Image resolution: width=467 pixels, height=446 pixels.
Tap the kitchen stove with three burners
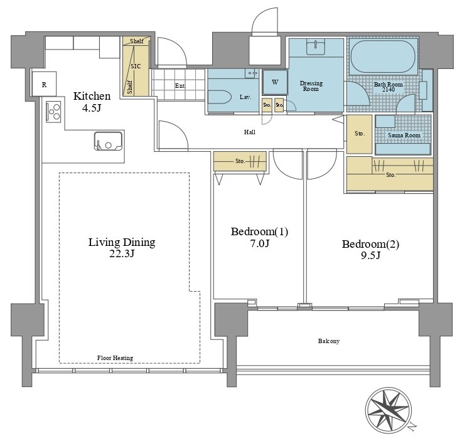point(53,112)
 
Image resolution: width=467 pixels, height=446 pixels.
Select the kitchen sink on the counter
point(108,141)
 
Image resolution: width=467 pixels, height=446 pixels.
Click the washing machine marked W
point(275,82)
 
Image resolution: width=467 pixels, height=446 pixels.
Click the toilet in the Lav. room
point(220,97)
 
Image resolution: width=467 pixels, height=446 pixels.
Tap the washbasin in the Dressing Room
point(316,47)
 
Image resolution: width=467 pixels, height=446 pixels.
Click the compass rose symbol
point(389,410)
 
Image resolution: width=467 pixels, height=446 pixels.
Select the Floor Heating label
point(115,358)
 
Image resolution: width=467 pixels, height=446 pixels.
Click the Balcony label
point(329,341)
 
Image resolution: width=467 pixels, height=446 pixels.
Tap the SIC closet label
point(136,66)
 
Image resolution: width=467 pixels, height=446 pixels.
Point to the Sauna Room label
point(404,135)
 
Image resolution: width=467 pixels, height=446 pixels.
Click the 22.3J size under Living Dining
point(122,253)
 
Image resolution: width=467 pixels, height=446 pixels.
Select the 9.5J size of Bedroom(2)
point(370,255)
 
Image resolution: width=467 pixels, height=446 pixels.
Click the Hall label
point(250,132)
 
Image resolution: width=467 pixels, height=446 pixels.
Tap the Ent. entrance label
point(181,86)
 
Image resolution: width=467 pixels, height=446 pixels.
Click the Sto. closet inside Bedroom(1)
point(240,161)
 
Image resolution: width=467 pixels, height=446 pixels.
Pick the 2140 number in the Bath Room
point(389,89)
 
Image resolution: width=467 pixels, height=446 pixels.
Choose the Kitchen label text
point(92,96)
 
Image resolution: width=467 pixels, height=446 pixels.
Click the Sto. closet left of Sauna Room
point(360,134)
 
